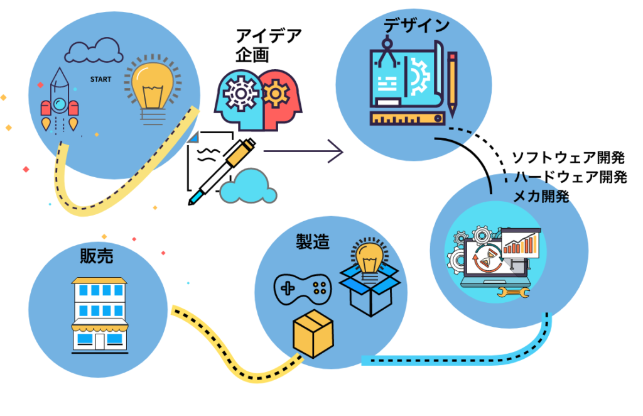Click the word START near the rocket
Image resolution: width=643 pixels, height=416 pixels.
click(x=101, y=80)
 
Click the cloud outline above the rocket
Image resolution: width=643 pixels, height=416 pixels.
click(x=94, y=50)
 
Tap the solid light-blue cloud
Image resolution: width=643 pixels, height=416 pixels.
click(x=249, y=187)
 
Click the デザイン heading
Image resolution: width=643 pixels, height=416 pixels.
click(x=418, y=25)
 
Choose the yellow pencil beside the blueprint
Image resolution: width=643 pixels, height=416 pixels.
click(x=452, y=84)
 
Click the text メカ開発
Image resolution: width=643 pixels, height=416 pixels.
click(x=541, y=197)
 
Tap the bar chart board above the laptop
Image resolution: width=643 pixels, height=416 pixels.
click(x=520, y=243)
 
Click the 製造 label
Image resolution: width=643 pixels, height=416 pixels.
click(x=312, y=241)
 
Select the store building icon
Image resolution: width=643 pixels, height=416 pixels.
click(x=99, y=314)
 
